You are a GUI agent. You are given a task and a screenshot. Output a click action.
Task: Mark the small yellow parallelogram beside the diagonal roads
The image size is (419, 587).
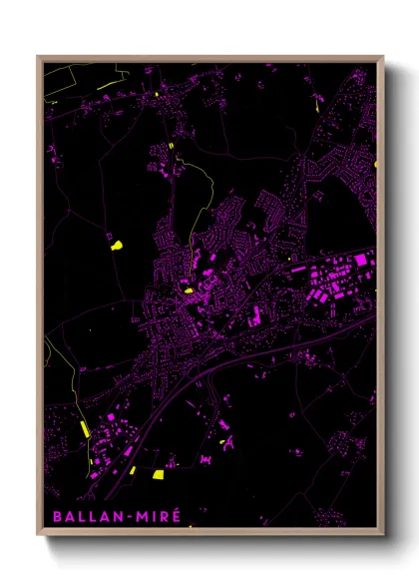(132, 469)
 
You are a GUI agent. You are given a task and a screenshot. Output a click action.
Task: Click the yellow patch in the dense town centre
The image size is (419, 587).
(187, 291)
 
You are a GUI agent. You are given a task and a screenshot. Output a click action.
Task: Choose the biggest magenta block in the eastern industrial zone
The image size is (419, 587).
(358, 261)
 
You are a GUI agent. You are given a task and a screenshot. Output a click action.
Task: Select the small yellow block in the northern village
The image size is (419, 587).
(171, 146)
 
